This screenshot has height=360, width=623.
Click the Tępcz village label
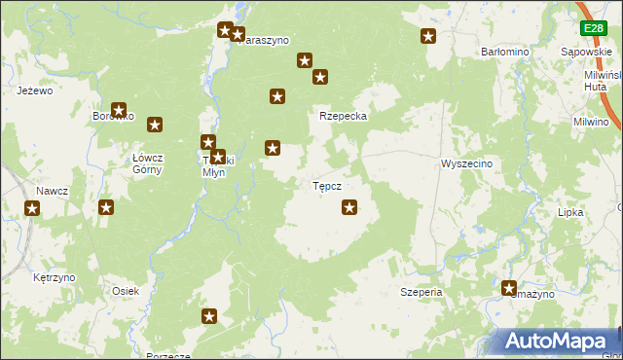326,185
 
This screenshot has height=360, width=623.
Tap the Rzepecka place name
343,116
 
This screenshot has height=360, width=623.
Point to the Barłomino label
504,52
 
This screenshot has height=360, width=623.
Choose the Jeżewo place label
34,90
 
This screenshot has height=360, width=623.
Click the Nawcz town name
52,191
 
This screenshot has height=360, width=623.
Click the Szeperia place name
421,291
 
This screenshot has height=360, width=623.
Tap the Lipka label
569,211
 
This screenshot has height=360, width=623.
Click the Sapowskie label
586,52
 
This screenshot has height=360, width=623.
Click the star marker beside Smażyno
509,288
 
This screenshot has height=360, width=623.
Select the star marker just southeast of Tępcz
350,206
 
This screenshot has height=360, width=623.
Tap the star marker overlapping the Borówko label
119,112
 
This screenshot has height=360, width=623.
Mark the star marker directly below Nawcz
32,208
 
